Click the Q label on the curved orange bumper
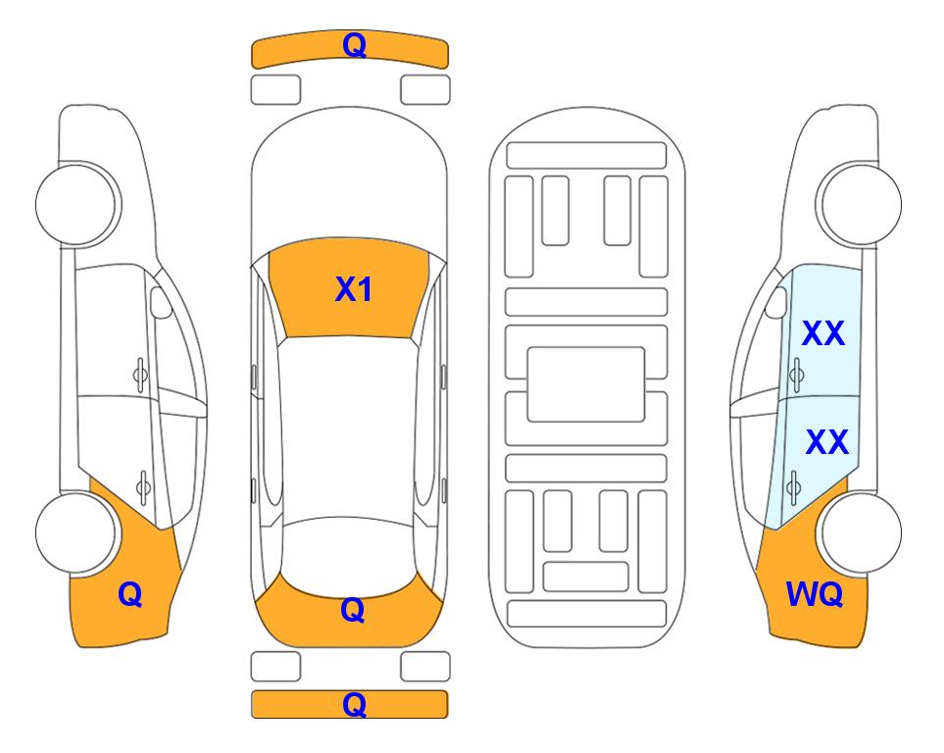click(354, 45)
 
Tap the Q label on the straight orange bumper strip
click(354, 704)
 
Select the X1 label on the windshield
click(354, 289)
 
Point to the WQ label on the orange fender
click(814, 594)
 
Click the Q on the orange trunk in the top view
click(352, 610)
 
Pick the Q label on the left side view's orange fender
click(130, 594)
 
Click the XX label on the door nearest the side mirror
click(823, 333)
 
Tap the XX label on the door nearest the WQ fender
click(826, 442)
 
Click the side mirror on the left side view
click(161, 302)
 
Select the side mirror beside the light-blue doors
click(776, 302)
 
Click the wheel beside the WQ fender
click(860, 532)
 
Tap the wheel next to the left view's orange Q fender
click(77, 532)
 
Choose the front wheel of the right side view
click(859, 204)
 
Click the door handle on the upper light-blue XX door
click(796, 375)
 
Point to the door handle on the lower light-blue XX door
click(793, 486)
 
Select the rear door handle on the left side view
click(143, 486)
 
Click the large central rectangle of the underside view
click(586, 384)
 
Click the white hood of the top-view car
click(349, 180)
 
